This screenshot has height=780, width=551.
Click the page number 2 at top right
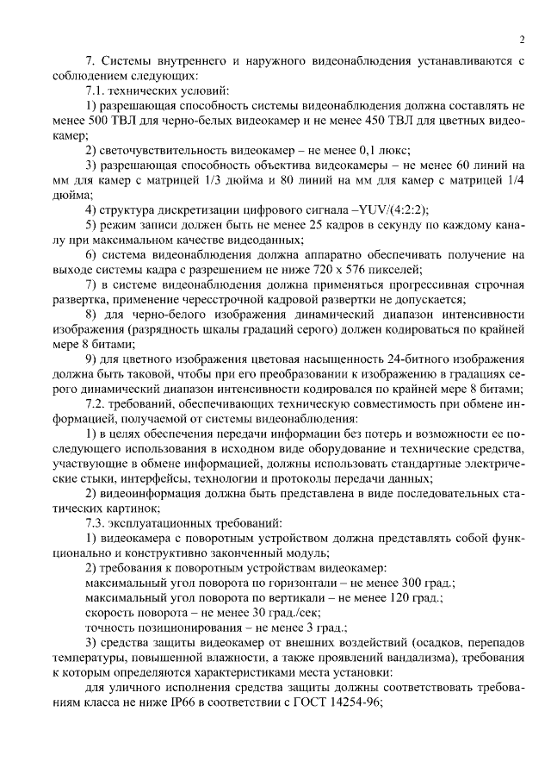tap(522, 39)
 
